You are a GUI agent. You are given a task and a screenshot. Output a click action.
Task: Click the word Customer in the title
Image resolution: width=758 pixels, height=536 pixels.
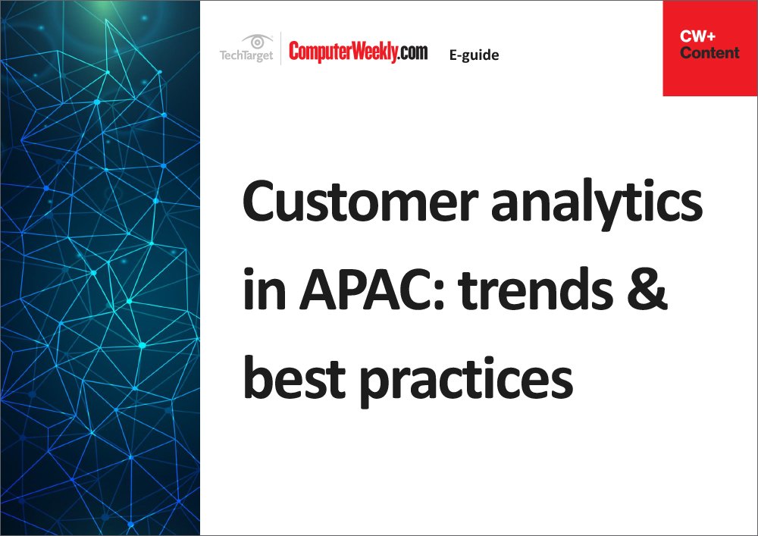tap(360, 201)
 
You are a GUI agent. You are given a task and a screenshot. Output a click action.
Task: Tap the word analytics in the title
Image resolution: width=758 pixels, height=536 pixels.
tap(597, 205)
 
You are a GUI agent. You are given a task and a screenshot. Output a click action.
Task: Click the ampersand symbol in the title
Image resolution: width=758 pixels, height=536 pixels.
tap(647, 289)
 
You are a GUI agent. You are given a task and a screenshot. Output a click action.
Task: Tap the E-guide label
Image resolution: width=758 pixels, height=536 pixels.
tap(474, 55)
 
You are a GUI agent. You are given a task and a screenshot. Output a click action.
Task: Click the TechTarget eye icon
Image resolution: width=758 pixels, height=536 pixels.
tap(257, 42)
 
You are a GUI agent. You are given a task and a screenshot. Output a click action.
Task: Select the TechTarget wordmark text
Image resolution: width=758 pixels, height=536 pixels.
tap(246, 55)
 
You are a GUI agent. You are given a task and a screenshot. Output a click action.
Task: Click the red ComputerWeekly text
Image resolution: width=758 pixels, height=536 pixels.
tap(343, 52)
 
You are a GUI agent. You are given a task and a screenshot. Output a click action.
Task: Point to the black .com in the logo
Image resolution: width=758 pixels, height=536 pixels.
tap(413, 52)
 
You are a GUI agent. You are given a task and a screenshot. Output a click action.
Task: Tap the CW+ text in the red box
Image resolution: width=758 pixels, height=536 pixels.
tap(697, 36)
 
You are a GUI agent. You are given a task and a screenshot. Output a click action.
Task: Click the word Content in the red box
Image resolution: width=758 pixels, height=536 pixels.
tap(709, 52)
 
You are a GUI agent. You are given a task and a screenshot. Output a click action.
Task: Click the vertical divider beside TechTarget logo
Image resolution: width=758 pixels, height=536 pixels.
tap(281, 49)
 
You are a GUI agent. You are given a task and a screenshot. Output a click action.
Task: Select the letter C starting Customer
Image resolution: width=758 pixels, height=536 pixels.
tap(259, 201)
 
